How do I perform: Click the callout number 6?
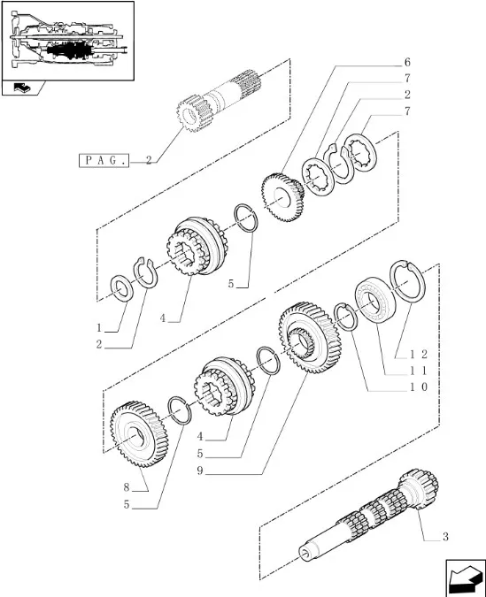pos(407,62)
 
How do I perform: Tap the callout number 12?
pos(419,355)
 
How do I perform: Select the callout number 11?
pos(419,371)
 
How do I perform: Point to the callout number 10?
pos(419,387)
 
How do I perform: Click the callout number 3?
pos(445,537)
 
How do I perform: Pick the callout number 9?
pos(200,471)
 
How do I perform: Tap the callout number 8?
pos(127,487)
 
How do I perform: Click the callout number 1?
pos(99,328)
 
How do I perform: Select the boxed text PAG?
pos(104,161)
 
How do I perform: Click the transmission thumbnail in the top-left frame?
pos(68,41)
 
